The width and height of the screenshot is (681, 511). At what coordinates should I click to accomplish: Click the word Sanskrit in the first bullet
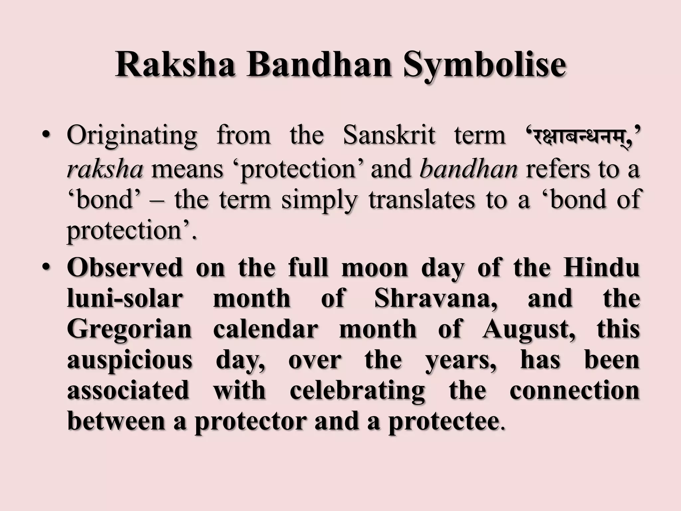coord(389,136)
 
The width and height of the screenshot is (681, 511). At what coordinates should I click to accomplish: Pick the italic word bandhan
coord(468,169)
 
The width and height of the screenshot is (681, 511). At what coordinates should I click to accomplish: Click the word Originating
coord(132,136)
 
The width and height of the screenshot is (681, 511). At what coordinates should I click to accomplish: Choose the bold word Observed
coord(125,267)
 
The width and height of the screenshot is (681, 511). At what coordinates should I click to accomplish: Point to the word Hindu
coord(601,267)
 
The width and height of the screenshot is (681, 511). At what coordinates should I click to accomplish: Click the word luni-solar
coord(125,298)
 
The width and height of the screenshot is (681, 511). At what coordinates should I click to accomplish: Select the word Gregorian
coord(130,329)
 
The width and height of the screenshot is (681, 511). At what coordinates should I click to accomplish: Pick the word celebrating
coord(357,391)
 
